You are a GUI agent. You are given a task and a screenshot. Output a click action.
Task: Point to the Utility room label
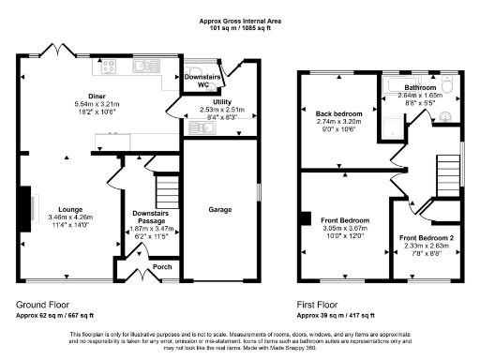click(222, 100)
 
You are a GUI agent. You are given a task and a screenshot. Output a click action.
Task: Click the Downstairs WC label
click(197, 79)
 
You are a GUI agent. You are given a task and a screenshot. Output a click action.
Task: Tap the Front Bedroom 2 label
click(426, 237)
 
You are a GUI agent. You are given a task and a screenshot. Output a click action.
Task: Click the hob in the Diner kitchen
click(108, 67)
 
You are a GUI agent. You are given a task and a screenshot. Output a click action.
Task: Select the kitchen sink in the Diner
click(146, 67)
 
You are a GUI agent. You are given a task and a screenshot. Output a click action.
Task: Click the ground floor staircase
click(166, 192)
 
